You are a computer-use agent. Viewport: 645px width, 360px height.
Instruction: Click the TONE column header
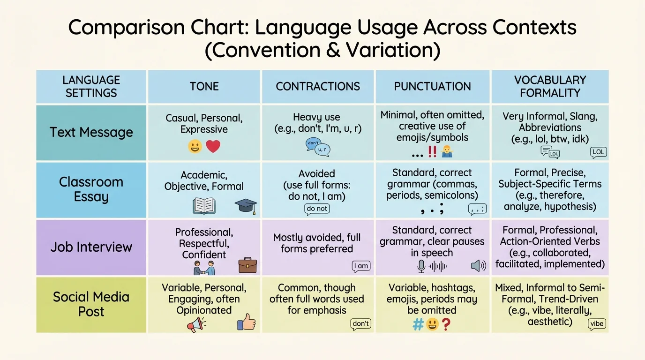coord(204,86)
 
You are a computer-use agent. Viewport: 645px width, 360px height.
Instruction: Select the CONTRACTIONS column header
coord(318,86)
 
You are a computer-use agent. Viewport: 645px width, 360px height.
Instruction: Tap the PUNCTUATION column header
coord(432,86)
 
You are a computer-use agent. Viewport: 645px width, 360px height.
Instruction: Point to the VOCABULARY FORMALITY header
coord(550,86)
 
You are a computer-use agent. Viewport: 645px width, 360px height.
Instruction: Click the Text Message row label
coord(91,132)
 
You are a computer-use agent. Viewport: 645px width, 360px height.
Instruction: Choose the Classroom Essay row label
coord(91,189)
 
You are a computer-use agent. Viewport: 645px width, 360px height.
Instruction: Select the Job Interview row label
coord(91,247)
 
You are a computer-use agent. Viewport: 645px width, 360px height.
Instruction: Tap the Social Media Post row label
coord(91,304)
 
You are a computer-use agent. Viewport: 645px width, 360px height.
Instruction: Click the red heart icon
coord(213,146)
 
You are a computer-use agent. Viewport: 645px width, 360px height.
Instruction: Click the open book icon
coord(204,206)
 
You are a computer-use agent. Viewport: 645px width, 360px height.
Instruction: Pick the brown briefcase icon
coord(247,265)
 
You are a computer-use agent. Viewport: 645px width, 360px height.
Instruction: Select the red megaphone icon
coord(196,324)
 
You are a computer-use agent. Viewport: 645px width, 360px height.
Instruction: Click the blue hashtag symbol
coord(418,324)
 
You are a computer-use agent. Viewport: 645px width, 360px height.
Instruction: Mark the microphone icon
coord(421,266)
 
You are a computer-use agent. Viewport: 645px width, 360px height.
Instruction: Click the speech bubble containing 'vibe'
coord(597,324)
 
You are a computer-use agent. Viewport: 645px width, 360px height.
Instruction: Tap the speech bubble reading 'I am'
coord(361,266)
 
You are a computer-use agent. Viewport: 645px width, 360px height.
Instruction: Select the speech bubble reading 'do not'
coord(317,209)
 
